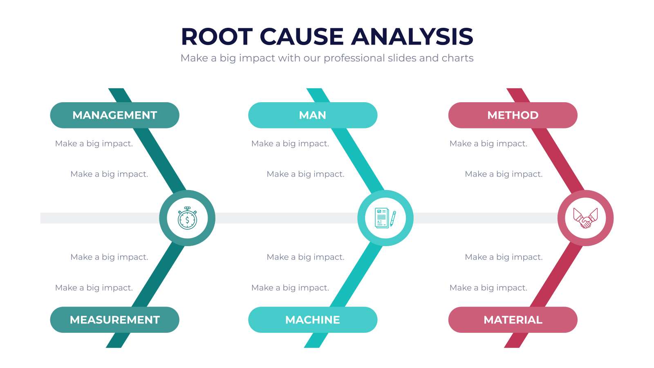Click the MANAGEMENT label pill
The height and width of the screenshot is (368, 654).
coord(115,115)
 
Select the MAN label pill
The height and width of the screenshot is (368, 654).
coord(313,115)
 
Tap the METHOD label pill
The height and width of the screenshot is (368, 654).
coord(513,115)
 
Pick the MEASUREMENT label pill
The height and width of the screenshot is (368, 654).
coord(115,320)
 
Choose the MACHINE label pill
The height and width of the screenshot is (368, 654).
coord(313,320)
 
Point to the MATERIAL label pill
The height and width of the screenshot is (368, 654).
coord(513,320)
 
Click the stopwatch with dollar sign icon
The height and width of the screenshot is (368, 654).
coord(187,218)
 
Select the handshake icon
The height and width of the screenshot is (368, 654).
coord(585,218)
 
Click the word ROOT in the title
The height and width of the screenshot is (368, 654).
coord(217,36)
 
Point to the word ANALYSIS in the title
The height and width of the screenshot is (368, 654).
coord(412,36)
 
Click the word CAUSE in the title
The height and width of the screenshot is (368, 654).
coord(302,36)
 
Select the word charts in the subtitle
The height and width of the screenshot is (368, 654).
coord(457,58)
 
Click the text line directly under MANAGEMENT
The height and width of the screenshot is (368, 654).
coord(94,144)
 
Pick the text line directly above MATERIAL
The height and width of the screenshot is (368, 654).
coord(488,288)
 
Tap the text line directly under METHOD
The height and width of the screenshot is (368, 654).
coord(488,144)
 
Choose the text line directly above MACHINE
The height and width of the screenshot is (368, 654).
coord(290,288)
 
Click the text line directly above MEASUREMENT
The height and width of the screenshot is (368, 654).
coord(94,288)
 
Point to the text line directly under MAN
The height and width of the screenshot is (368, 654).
coord(290,144)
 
